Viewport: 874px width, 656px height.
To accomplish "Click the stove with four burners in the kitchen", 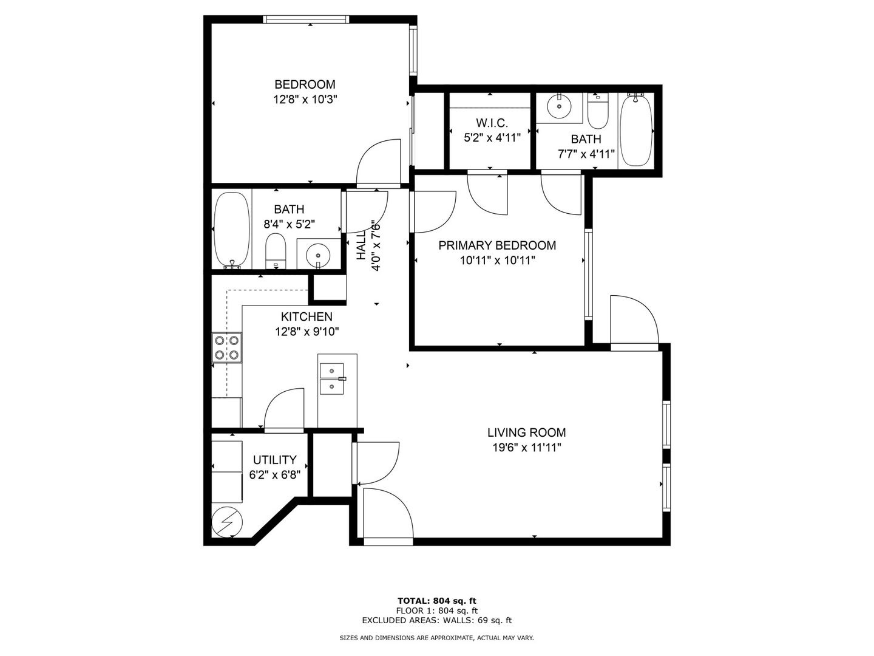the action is (x=226, y=347).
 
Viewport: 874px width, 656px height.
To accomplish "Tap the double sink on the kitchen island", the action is (x=331, y=378).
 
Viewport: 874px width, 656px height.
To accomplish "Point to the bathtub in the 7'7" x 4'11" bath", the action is (x=637, y=131).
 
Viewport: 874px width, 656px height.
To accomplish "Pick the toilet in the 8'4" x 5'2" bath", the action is (x=276, y=251).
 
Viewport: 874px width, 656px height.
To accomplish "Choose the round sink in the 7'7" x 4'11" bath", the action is (x=560, y=106).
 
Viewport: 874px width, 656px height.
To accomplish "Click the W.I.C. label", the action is (x=492, y=123).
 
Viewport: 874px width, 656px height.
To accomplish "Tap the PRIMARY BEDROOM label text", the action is (x=497, y=245).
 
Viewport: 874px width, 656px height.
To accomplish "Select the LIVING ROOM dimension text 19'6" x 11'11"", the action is (x=527, y=448).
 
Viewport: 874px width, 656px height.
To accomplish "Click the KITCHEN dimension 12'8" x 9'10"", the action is (x=307, y=332).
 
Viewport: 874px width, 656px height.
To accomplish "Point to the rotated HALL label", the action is (x=361, y=247).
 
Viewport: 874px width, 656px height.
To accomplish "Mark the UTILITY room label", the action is (x=275, y=460).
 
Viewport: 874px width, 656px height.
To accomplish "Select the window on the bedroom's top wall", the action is (x=306, y=19).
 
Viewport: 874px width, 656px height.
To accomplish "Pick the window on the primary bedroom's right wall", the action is (x=589, y=275).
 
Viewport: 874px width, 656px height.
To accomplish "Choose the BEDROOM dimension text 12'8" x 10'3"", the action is (x=305, y=99).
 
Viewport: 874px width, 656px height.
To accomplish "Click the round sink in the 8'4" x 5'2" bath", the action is (x=318, y=255).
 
